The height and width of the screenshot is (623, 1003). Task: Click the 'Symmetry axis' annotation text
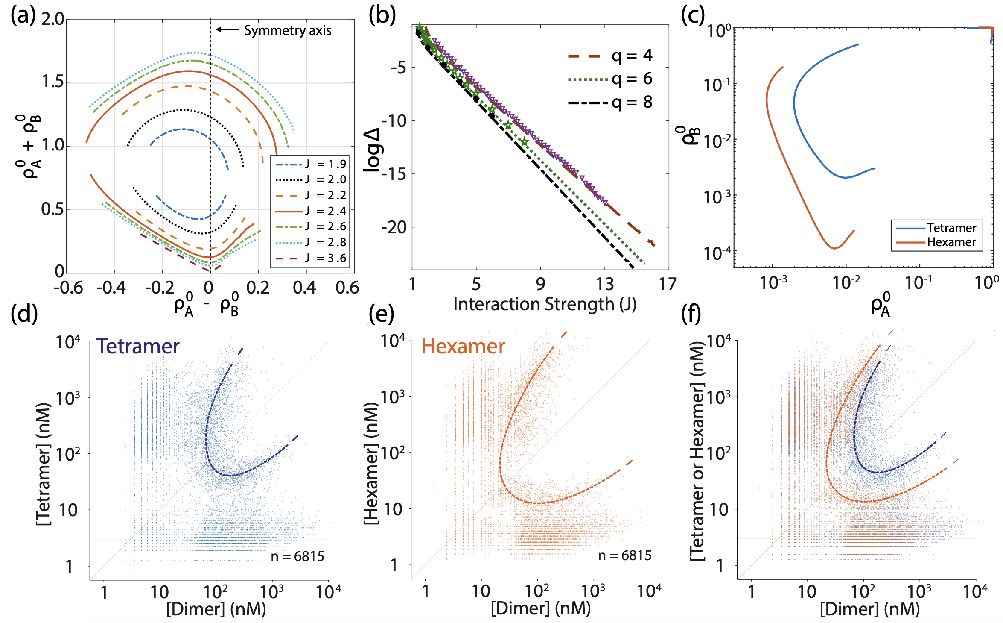(x=287, y=31)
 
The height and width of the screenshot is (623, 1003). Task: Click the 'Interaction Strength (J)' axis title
(x=545, y=304)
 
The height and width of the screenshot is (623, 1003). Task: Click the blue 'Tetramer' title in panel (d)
(x=138, y=346)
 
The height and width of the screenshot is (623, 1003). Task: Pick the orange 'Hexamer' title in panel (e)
(x=463, y=346)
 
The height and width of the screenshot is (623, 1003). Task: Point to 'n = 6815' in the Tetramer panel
(x=297, y=556)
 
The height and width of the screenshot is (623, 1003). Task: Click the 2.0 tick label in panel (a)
(x=52, y=19)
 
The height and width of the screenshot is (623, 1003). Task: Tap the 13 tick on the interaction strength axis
(x=604, y=284)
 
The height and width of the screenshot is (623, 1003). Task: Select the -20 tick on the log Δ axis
(x=394, y=228)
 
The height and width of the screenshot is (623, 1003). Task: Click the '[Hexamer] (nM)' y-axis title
(x=371, y=464)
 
